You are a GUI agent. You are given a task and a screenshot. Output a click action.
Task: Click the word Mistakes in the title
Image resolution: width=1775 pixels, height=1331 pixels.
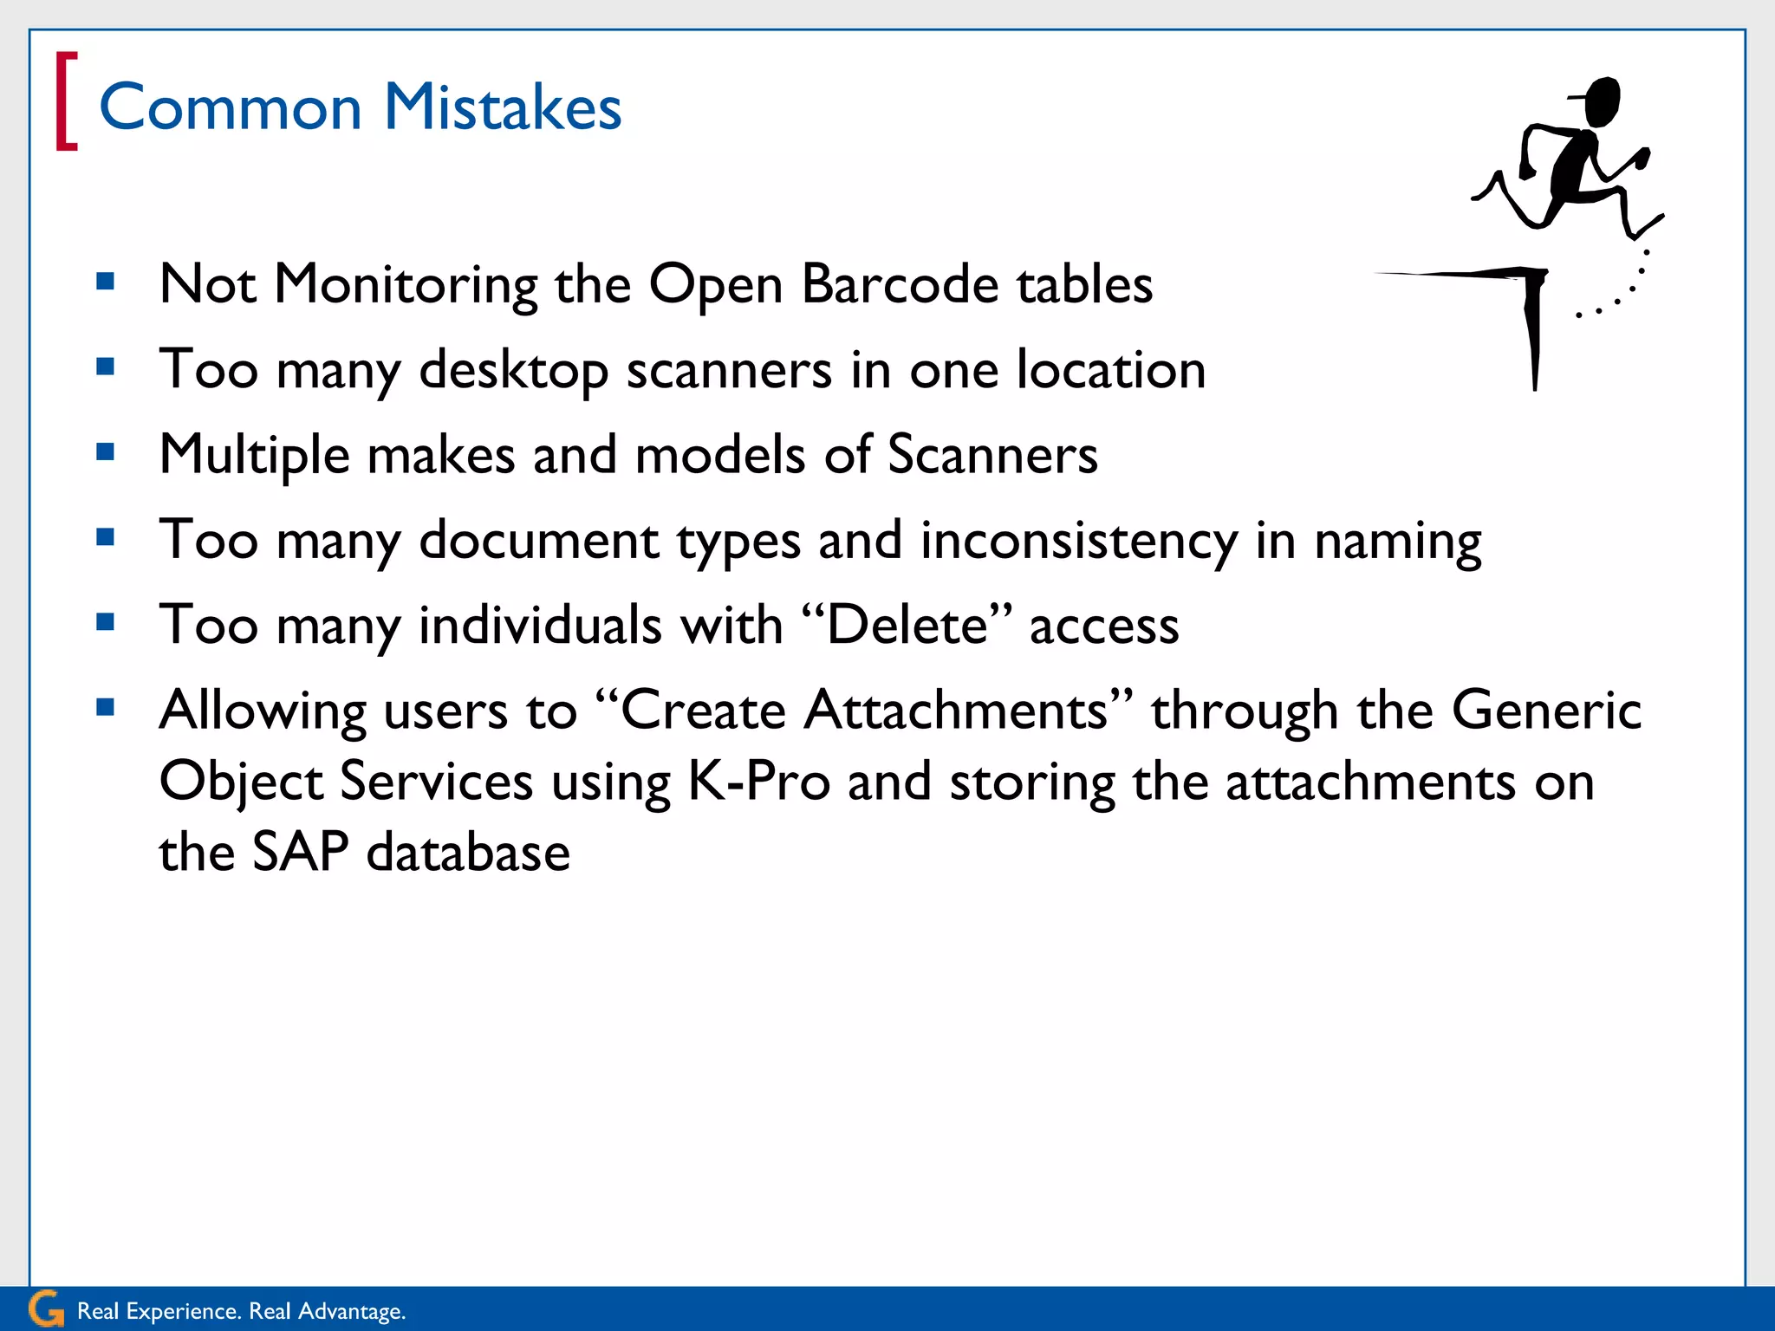point(503,107)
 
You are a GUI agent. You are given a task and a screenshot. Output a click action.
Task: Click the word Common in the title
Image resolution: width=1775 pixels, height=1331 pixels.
point(231,107)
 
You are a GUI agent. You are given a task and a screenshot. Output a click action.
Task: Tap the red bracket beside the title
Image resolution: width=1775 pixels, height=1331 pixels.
point(66,101)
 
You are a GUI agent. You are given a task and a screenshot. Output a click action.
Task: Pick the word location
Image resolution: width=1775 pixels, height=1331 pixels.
point(1111,369)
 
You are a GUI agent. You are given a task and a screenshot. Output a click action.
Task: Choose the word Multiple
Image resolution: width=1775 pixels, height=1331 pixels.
point(254,456)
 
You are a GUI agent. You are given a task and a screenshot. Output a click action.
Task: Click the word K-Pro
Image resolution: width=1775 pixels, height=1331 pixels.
point(759,782)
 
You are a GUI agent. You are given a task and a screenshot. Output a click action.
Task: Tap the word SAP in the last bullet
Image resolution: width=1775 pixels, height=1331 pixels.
point(301,852)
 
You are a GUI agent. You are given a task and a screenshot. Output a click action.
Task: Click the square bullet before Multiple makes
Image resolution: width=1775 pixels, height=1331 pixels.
point(106,451)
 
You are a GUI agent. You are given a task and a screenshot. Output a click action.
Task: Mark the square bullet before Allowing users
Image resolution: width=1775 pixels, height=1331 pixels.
point(106,708)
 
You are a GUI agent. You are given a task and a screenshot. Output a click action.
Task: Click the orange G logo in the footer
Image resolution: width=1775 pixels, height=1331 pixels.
point(46,1308)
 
